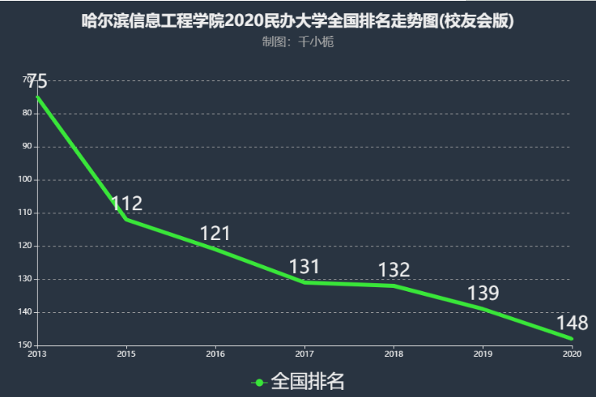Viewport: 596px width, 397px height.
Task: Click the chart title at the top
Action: click(x=297, y=21)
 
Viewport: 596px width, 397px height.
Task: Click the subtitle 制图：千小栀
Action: click(x=297, y=42)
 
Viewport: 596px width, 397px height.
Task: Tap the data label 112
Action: click(x=126, y=204)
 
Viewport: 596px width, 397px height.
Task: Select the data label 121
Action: click(x=215, y=233)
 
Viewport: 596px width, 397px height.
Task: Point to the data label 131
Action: click(x=304, y=267)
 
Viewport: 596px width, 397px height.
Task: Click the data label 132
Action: click(x=394, y=270)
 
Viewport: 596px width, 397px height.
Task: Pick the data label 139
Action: click(x=483, y=293)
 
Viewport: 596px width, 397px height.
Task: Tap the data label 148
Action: click(x=572, y=323)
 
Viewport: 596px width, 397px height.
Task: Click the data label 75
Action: click(x=37, y=81)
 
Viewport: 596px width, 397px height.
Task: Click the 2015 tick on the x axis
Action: click(x=125, y=355)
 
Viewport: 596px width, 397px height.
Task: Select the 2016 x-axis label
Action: click(x=215, y=355)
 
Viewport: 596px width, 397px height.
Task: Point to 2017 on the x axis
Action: click(x=304, y=355)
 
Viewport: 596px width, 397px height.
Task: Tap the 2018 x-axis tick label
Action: click(x=394, y=355)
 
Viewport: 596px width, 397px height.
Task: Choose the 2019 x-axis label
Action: click(x=483, y=355)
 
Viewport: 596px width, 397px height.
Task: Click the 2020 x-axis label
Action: click(x=572, y=355)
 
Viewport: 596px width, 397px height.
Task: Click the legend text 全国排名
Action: click(x=307, y=382)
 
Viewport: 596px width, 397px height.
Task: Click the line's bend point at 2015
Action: click(x=126, y=220)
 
